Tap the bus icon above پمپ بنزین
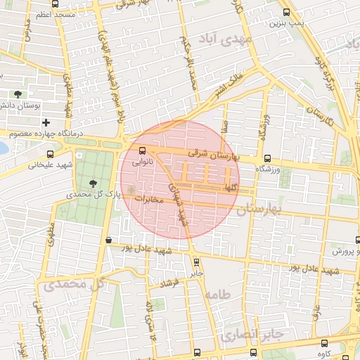coord(285,12)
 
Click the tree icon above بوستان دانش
coord(18,94)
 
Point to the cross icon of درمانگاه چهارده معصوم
coord(46,122)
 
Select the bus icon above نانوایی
coord(143,150)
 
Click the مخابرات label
coord(148,200)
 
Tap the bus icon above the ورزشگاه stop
coord(266,158)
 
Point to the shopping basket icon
coord(108,240)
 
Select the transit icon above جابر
coord(196,262)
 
